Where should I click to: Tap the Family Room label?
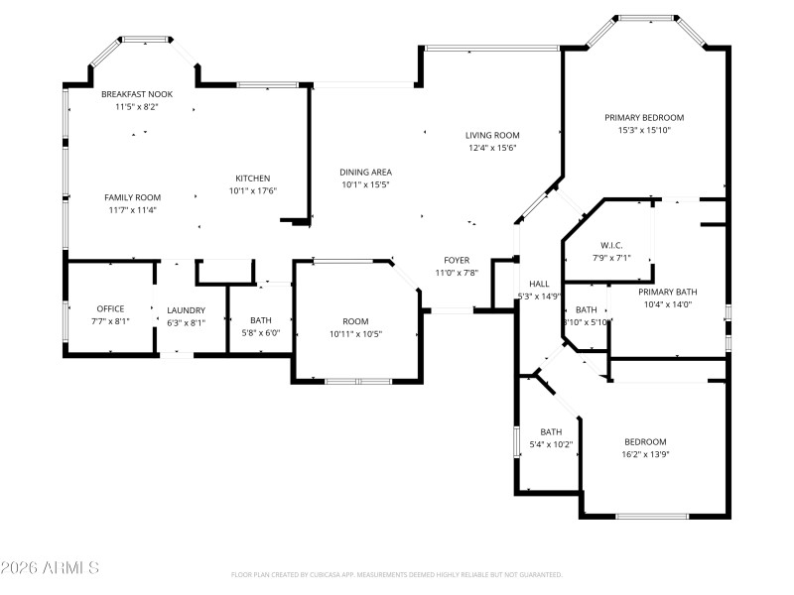[133, 197]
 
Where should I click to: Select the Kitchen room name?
[252, 178]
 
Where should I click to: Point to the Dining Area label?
[365, 172]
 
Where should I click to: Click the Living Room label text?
[492, 136]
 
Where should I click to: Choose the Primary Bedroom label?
[644, 117]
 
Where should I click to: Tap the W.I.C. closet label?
[610, 245]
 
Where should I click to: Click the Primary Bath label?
[667, 292]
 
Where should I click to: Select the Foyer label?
[456, 260]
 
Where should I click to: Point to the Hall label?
[539, 284]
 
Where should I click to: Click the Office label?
[110, 308]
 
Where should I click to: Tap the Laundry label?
[186, 309]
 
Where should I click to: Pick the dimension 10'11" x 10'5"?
[355, 334]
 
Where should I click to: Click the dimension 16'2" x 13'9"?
[644, 454]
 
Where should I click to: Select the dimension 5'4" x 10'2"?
[551, 444]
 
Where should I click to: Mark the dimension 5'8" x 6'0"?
[261, 333]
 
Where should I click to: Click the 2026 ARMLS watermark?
[50, 568]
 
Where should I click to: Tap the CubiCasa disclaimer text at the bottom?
[396, 574]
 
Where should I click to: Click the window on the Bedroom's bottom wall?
[652, 516]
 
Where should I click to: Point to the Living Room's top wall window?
[491, 47]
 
